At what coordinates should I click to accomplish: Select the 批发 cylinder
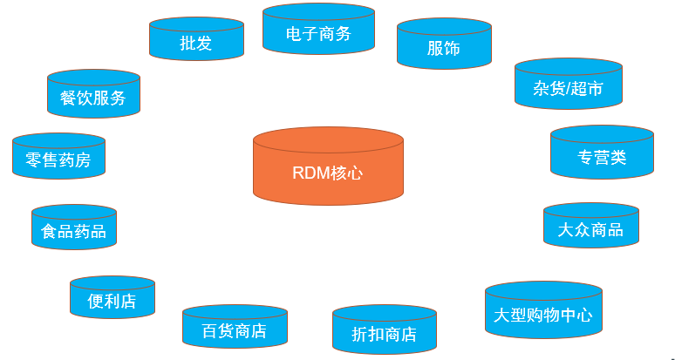pyautogui.click(x=196, y=40)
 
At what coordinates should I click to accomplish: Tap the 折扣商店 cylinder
pyautogui.click(x=384, y=331)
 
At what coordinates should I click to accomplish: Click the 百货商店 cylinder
pyautogui.click(x=234, y=329)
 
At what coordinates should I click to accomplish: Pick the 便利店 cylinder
pyautogui.click(x=112, y=299)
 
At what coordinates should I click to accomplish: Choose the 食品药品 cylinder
pyautogui.click(x=73, y=229)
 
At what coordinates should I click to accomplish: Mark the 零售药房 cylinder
pyautogui.click(x=58, y=158)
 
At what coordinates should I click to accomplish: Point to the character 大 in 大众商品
pyautogui.click(x=566, y=230)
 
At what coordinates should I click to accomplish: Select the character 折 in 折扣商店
pyautogui.click(x=359, y=335)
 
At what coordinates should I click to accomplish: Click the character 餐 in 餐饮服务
pyautogui.click(x=68, y=98)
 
